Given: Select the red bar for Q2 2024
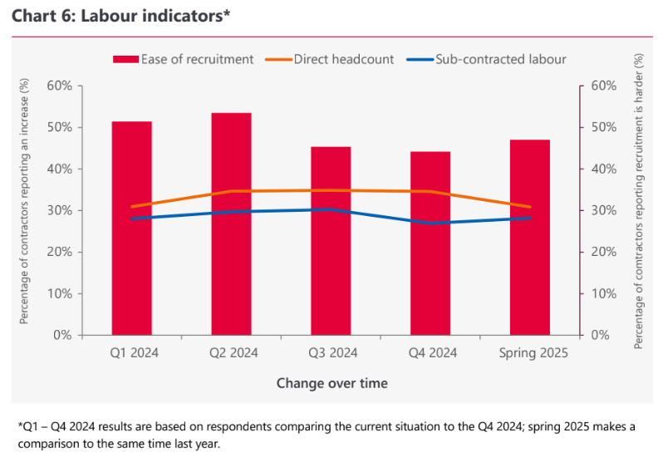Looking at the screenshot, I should pyautogui.click(x=231, y=224).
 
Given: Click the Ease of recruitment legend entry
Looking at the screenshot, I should pyautogui.click(x=182, y=59).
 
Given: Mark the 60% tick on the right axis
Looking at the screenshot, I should pyautogui.click(x=603, y=86).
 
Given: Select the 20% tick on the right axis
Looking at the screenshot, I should pyautogui.click(x=603, y=252).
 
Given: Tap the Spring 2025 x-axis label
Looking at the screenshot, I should pyautogui.click(x=533, y=353).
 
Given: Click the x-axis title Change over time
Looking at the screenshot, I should pyautogui.click(x=331, y=383).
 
